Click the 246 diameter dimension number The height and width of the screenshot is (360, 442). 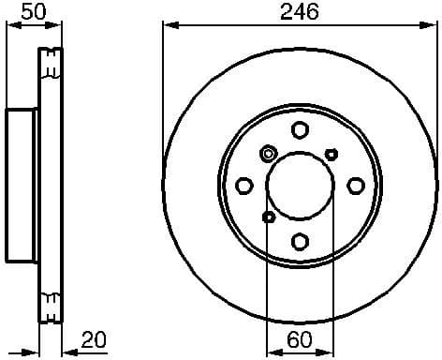(300, 11)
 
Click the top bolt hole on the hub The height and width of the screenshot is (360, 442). (300, 130)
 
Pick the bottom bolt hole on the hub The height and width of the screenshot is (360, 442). (300, 240)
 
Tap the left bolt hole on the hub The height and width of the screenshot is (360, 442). (244, 185)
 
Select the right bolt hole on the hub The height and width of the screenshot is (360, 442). (355, 185)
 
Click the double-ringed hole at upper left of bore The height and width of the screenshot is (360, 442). (269, 154)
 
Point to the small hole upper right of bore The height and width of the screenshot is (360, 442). (331, 154)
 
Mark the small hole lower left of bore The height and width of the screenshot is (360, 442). (269, 217)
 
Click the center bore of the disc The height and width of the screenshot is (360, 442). (300, 185)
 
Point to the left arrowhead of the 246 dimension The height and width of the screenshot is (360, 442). (169, 25)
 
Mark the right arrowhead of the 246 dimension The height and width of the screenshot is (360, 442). (433, 25)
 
